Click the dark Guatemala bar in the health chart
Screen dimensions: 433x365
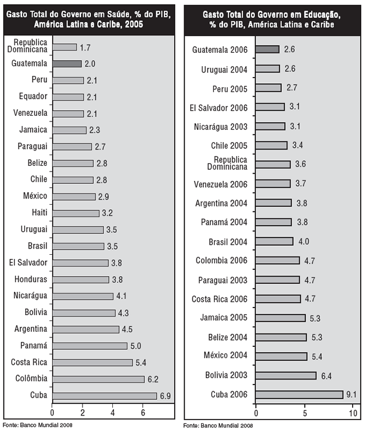pyautogui.click(x=67, y=64)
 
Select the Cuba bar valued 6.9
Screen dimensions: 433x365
pyautogui.click(x=104, y=396)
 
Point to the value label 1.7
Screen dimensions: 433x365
pyautogui.click(x=85, y=47)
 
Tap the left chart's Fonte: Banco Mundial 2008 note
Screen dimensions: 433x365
pyautogui.click(x=38, y=425)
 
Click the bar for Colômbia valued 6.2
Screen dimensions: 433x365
pyautogui.click(x=99, y=379)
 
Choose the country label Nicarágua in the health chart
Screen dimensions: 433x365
pyautogui.click(x=30, y=295)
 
